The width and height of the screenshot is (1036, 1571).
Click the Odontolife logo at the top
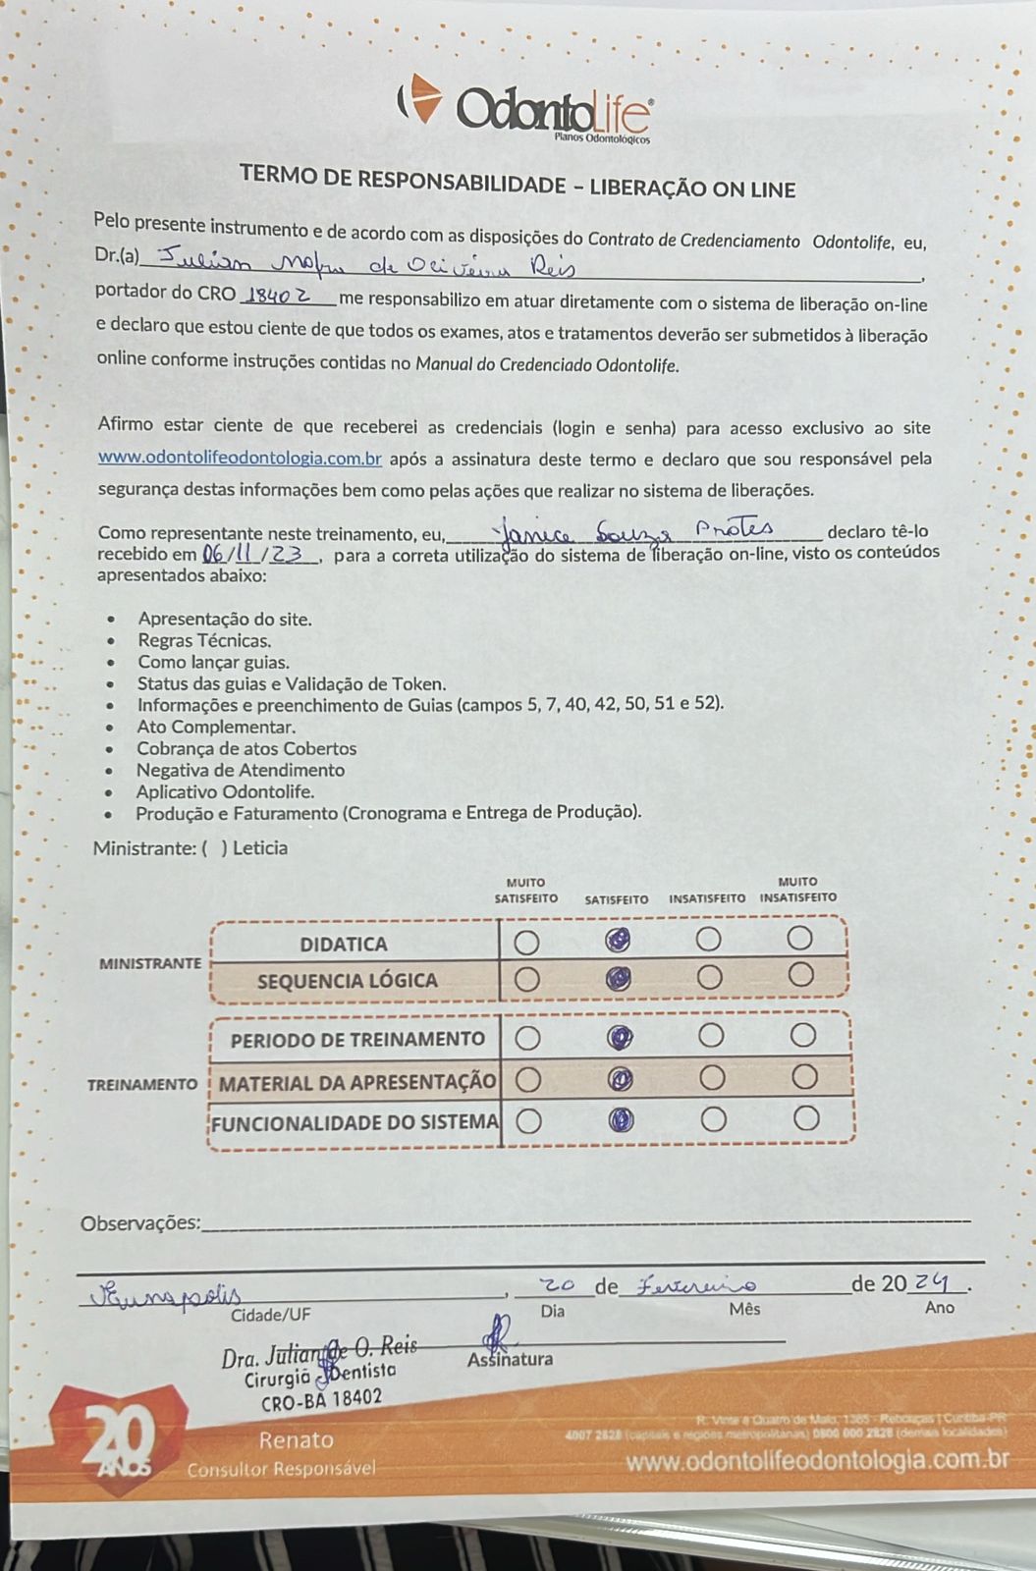click(x=524, y=106)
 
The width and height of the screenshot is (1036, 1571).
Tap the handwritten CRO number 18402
click(x=280, y=294)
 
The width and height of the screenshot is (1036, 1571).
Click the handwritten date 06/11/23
click(x=258, y=555)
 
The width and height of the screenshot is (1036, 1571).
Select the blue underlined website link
click(x=240, y=459)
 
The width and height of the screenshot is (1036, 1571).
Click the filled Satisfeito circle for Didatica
click(x=617, y=941)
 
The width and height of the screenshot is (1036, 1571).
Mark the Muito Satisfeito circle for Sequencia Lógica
click(x=527, y=979)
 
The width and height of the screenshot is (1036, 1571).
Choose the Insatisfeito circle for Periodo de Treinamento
click(x=711, y=1036)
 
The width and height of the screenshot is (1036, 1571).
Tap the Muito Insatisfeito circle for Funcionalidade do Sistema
click(x=806, y=1118)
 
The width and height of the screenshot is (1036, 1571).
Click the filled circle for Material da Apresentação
click(x=619, y=1079)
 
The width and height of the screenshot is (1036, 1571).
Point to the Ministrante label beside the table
click(x=149, y=963)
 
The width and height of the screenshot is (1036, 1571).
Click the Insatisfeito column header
click(x=707, y=898)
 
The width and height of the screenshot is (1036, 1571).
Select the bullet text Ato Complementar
click(x=216, y=728)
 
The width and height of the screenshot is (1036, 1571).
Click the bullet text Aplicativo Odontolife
click(x=225, y=791)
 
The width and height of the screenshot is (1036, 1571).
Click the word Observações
click(x=140, y=1223)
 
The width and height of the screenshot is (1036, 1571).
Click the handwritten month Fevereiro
click(x=697, y=1284)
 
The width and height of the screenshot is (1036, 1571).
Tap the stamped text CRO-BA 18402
click(x=322, y=1399)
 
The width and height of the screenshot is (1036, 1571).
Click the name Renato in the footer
click(x=296, y=1440)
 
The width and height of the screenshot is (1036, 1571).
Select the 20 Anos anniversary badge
click(x=117, y=1439)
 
